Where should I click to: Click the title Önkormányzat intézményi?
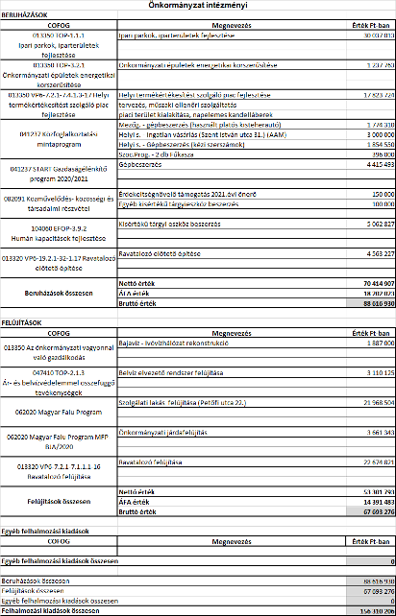click(197, 6)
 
